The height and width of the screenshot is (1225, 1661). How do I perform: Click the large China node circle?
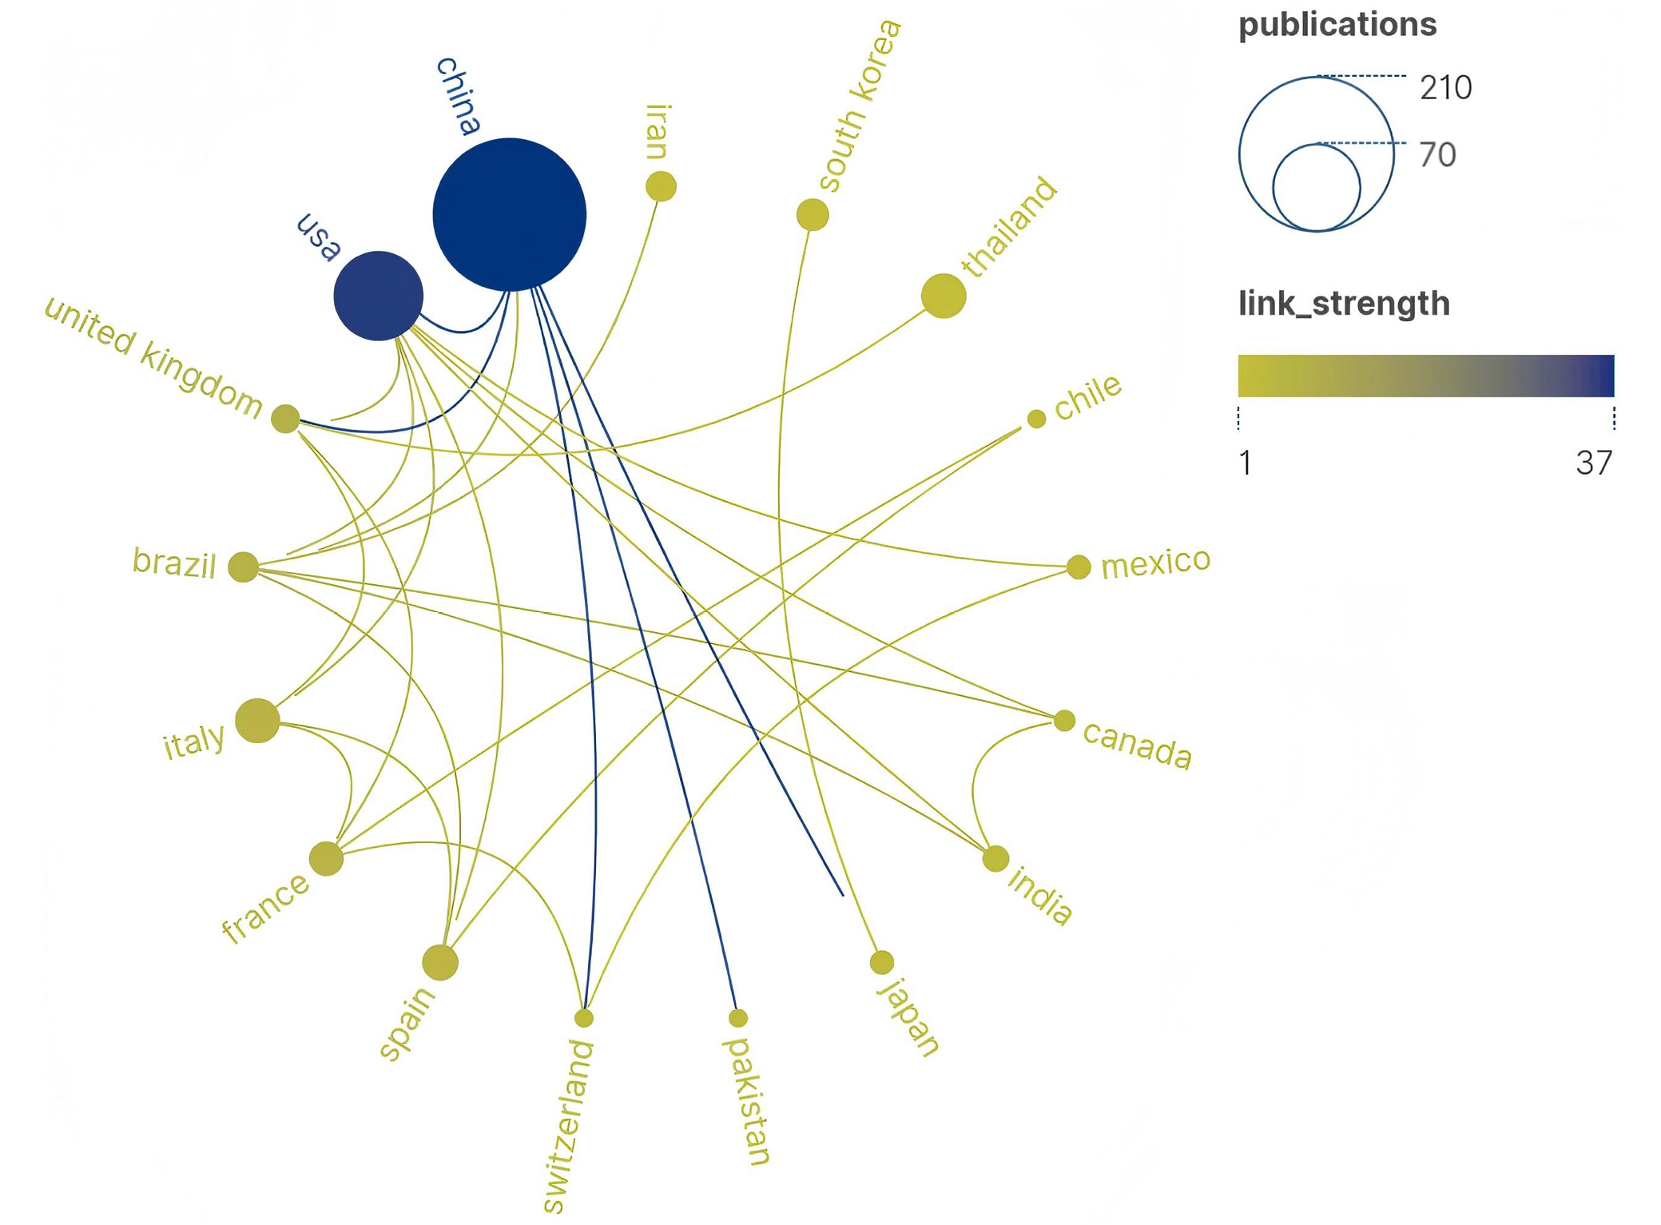click(x=509, y=214)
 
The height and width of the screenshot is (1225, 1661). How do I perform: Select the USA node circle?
click(x=378, y=296)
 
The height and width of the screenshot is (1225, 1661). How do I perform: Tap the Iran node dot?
click(x=661, y=186)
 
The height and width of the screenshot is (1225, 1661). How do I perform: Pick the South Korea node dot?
click(x=813, y=214)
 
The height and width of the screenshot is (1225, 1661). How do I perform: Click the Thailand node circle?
click(x=943, y=296)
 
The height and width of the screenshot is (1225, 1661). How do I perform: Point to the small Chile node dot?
click(x=1036, y=418)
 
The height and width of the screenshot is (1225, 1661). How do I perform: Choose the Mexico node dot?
click(x=1079, y=567)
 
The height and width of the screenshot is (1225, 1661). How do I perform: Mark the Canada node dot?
click(x=1064, y=721)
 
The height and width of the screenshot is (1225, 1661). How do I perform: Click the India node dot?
click(x=995, y=859)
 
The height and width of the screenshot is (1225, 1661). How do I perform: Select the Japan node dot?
click(x=882, y=962)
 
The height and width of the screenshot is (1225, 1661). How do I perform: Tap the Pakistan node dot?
click(x=738, y=1017)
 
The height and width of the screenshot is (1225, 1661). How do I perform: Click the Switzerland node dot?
click(x=584, y=1017)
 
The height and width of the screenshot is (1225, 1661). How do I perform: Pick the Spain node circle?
click(x=440, y=962)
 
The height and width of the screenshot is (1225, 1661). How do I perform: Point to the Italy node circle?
click(x=257, y=720)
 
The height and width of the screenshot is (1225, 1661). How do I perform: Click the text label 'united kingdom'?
click(x=153, y=357)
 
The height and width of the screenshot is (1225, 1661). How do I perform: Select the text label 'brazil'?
click(x=174, y=563)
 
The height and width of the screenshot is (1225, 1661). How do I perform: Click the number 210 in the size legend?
click(x=1445, y=87)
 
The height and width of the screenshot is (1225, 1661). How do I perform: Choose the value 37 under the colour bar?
click(x=1593, y=463)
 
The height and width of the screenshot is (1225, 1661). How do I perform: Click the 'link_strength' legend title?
click(x=1344, y=304)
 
